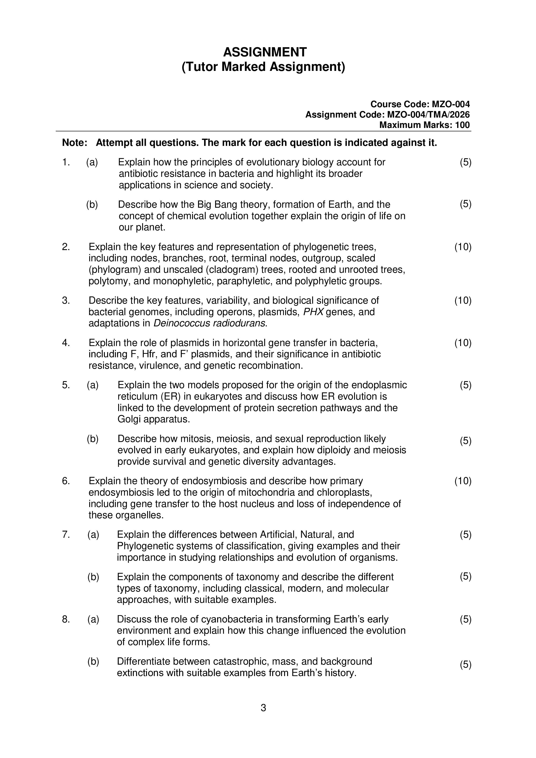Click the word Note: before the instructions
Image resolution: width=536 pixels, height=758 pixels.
pyautogui.click(x=75, y=143)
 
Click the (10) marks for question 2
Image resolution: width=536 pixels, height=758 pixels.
pyautogui.click(x=463, y=247)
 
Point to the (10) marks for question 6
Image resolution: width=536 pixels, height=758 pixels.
pyautogui.click(x=463, y=481)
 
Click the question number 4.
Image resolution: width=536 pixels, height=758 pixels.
pyautogui.click(x=66, y=343)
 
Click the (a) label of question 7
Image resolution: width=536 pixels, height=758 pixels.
pyautogui.click(x=93, y=535)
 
